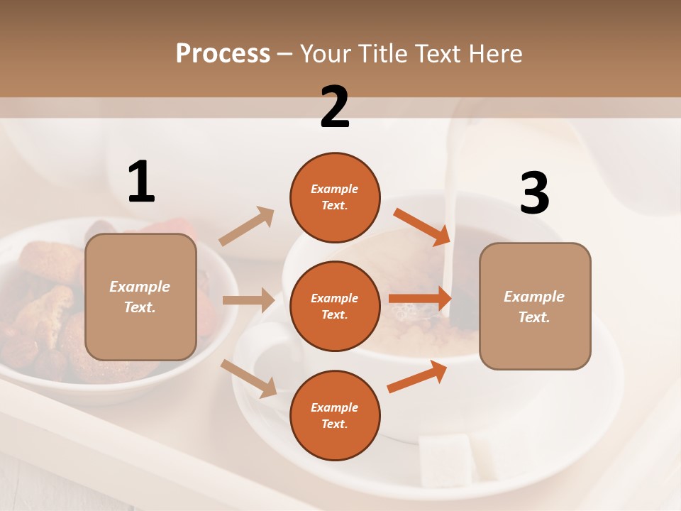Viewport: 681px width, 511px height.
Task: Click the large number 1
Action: [x=141, y=182]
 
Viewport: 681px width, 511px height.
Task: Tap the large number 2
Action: [x=335, y=107]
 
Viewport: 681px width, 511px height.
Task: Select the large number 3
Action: [x=534, y=194]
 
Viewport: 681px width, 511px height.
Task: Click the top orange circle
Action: [x=335, y=197]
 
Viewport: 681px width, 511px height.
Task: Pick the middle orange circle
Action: [x=335, y=306]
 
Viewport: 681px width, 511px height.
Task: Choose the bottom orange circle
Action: [x=335, y=415]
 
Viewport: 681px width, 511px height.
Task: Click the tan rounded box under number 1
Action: [x=140, y=297]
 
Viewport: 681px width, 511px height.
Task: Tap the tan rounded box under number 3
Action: [x=535, y=306]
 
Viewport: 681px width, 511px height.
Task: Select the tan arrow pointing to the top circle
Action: [x=247, y=226]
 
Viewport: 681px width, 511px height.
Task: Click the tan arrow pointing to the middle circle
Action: [x=248, y=300]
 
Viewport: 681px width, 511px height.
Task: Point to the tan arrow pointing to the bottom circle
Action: [x=249, y=378]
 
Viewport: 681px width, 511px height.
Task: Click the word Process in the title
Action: [x=223, y=53]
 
